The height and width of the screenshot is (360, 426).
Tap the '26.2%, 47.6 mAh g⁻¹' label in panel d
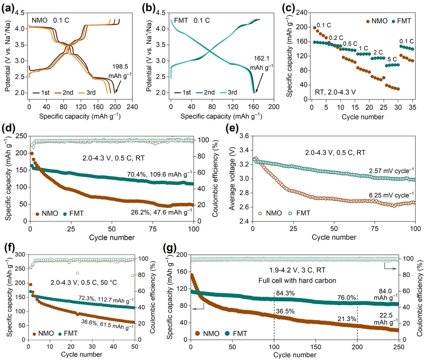(162, 211)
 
